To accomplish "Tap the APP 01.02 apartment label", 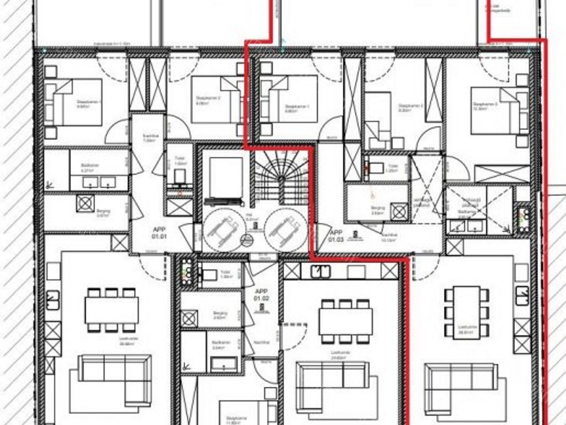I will [261, 296].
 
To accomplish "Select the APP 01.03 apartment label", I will [336, 236].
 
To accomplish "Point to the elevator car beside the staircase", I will [224, 177].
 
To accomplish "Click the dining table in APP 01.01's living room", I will [111, 310].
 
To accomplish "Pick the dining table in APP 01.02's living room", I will [345, 320].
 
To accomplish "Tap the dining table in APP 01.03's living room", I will [467, 311].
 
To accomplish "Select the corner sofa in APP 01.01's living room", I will [111, 379].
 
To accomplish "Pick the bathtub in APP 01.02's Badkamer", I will [223, 364].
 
